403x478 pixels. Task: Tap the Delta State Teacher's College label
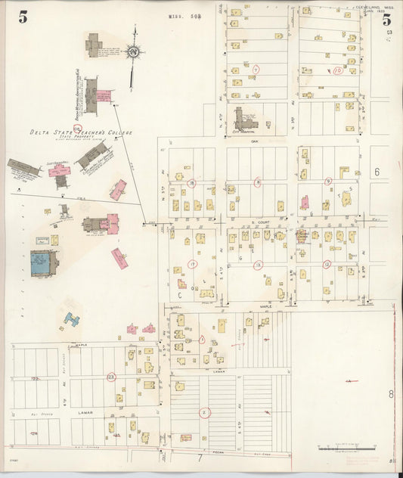tap(81, 132)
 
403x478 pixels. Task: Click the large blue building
tap(42, 262)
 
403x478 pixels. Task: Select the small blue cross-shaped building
tap(72, 320)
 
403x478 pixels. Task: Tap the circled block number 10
tap(337, 70)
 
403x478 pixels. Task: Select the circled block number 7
tap(256, 70)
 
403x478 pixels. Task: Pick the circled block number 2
tap(204, 412)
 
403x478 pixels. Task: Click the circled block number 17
tap(192, 264)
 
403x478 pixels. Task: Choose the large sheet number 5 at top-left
tap(23, 17)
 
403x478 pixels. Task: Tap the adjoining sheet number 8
tap(392, 394)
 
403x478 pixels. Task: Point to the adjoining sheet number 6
tap(376, 172)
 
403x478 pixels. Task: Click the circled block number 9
tap(328, 182)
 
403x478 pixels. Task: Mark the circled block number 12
tap(327, 264)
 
